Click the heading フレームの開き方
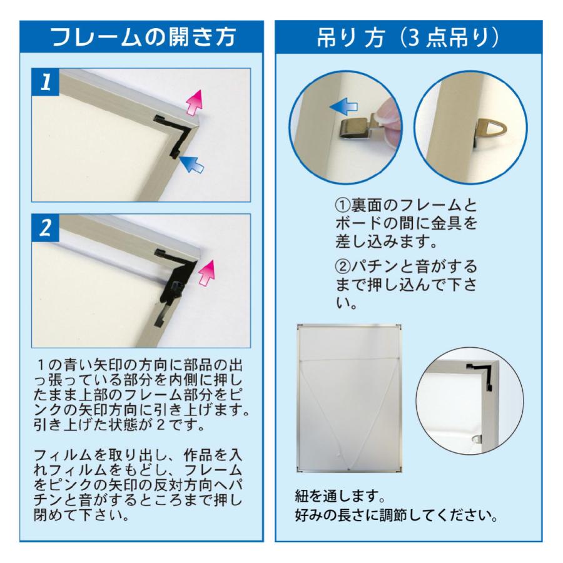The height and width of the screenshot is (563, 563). [x=143, y=38]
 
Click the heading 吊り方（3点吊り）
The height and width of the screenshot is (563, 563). [x=408, y=38]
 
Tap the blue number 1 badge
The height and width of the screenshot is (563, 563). [x=45, y=82]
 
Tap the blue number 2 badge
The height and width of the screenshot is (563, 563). [x=45, y=228]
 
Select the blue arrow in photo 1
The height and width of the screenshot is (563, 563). [x=191, y=164]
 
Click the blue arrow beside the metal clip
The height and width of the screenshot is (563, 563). [x=343, y=106]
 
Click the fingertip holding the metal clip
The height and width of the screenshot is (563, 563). [x=387, y=116]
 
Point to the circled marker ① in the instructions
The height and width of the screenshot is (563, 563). [x=343, y=205]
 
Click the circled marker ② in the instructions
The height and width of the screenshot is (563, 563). [x=343, y=266]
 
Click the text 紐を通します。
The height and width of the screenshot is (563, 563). [x=340, y=497]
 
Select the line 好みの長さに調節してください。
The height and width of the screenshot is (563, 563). [x=397, y=515]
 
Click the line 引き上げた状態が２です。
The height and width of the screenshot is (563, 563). [x=119, y=425]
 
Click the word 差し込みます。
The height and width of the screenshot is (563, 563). [x=387, y=241]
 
